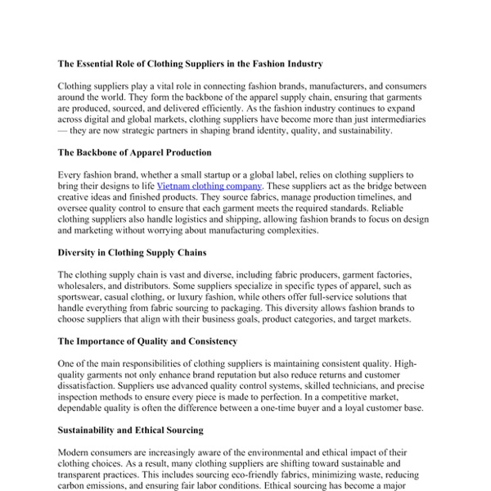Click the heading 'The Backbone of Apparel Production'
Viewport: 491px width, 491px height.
(x=134, y=152)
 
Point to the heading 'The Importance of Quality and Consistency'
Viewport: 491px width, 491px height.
(x=147, y=340)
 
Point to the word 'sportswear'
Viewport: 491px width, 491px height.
(x=83, y=300)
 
